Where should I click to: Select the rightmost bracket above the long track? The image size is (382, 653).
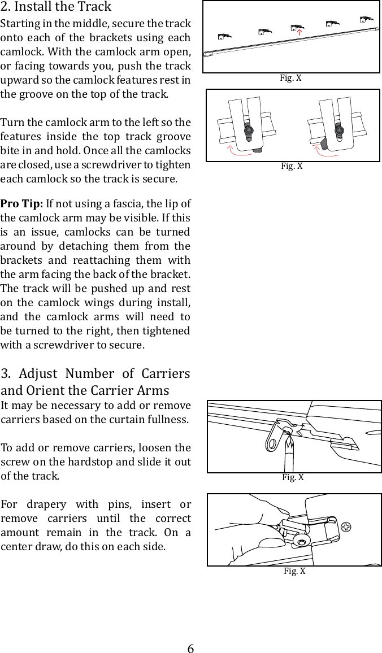367,21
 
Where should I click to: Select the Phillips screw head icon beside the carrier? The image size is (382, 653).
347,527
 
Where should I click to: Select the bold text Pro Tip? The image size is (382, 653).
22,203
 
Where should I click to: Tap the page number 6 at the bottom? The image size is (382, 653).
191,648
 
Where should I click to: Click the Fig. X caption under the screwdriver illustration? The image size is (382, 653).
293,477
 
